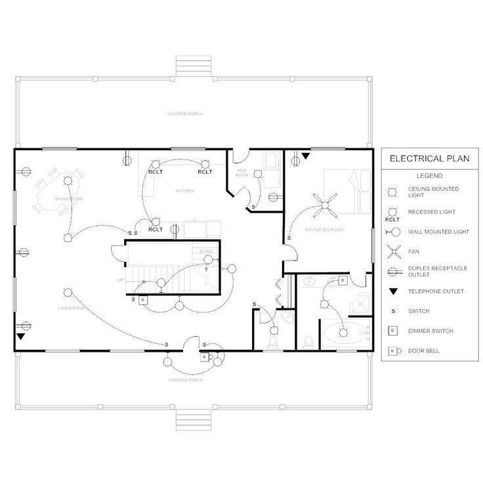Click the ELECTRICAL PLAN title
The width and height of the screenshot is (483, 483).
coord(425,158)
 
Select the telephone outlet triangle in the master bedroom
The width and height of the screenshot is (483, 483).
coord(305,156)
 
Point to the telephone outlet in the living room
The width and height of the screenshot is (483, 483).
coord(20,337)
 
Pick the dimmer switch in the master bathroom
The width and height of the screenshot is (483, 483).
coord(342,281)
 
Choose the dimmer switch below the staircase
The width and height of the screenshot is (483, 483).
coord(144,299)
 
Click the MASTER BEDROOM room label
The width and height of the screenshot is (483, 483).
coord(324,231)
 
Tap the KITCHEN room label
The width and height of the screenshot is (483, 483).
coord(184,191)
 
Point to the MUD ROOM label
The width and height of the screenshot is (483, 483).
coord(242,173)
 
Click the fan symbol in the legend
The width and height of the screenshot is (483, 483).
coord(392,251)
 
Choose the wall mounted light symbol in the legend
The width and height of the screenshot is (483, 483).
coord(392,232)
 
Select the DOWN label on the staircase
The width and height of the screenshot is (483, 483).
coord(205,251)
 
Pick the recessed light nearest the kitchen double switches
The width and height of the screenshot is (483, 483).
coord(155,222)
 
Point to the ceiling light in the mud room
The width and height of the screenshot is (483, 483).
coord(259,173)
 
